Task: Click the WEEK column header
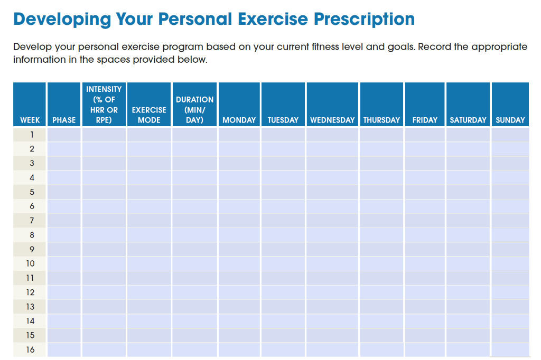coord(30,120)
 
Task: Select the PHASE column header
coord(64,120)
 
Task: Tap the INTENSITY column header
coord(104,105)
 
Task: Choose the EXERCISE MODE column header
coord(149,115)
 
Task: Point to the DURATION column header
coord(194,110)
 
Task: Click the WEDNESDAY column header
coord(332,120)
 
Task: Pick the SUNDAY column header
coord(510,120)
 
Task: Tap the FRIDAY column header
coord(425,120)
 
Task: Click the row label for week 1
coord(30,135)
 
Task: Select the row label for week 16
coord(30,349)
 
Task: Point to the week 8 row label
coord(30,235)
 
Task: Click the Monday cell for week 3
coord(239,163)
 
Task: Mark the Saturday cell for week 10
coord(468,263)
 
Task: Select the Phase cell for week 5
coord(64,192)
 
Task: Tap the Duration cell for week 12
coord(194,292)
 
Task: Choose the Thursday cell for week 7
coord(381,221)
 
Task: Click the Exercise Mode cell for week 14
coord(149,321)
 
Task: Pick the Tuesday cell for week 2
coord(283,149)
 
